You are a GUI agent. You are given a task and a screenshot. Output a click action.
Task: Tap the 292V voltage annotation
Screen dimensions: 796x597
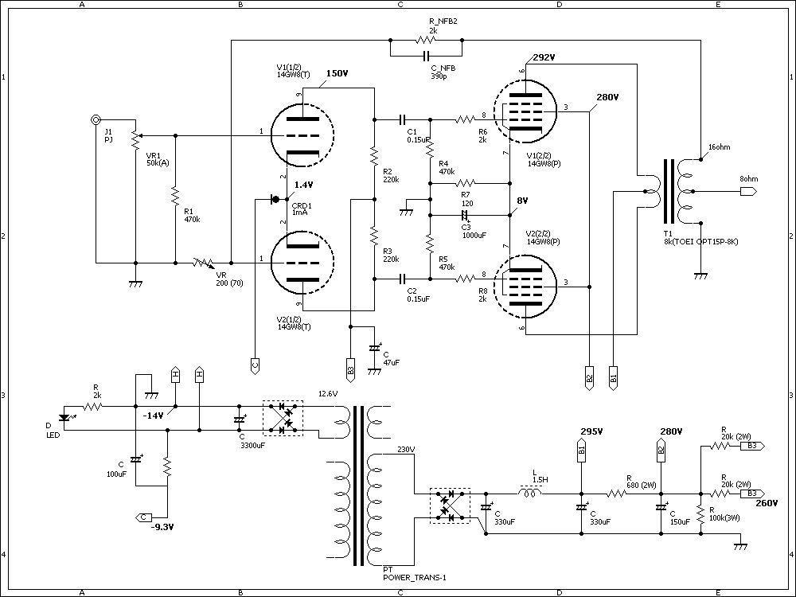544,57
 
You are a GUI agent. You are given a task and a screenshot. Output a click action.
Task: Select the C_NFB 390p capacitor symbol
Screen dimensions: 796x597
427,55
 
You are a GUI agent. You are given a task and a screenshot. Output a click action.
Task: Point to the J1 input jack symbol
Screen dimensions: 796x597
96,120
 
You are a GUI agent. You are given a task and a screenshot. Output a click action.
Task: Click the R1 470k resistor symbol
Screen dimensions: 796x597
175,196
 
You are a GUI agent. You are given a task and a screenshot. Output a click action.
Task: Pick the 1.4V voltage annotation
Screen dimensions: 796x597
303,185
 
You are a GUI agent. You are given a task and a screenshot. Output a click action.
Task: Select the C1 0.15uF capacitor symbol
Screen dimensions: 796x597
402,120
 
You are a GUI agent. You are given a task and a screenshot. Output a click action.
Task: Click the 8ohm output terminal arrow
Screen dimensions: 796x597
748,191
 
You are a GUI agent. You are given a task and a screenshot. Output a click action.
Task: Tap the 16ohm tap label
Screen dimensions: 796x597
720,147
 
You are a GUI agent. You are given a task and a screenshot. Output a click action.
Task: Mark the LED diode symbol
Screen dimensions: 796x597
64,418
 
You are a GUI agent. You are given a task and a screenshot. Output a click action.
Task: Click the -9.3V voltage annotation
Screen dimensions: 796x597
162,527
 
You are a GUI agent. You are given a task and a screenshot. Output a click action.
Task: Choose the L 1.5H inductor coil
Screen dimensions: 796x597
529,492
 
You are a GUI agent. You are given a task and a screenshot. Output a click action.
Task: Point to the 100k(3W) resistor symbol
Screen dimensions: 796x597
700,515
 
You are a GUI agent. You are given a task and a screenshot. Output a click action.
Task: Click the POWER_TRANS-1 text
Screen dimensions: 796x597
415,577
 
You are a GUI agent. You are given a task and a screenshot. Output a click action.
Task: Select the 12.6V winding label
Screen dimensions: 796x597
328,393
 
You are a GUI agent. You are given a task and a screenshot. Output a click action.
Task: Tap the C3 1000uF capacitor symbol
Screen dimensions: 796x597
465,215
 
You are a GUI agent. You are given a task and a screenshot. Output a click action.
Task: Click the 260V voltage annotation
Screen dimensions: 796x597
767,503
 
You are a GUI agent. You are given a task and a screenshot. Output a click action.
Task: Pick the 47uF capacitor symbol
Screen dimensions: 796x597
375,349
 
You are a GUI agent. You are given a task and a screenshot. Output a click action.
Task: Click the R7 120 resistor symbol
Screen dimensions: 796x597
466,182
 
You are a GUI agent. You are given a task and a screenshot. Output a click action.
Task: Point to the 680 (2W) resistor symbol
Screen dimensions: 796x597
617,493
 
